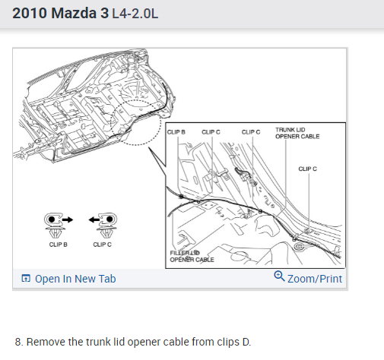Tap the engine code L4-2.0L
coord(135,14)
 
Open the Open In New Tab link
coord(75,279)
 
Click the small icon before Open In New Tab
coord(26,278)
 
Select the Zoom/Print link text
coord(315,279)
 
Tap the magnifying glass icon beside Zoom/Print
coord(279,276)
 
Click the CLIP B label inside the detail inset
coord(176,132)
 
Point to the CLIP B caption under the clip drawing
coord(59,245)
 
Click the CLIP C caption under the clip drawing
coord(102,245)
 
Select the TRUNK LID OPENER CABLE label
coord(297,133)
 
